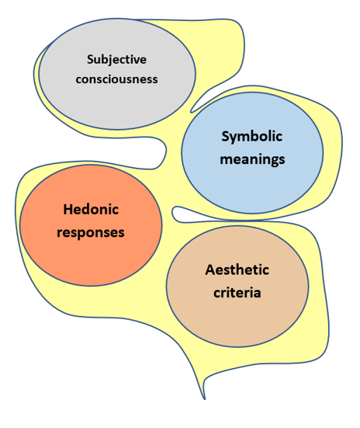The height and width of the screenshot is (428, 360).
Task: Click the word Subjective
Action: [x=116, y=60]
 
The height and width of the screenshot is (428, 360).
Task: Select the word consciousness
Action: [x=116, y=79]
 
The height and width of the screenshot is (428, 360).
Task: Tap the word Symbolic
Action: [x=251, y=137]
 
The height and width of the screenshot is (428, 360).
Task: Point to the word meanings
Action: [x=253, y=159]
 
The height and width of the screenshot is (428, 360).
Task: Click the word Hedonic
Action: [x=91, y=210]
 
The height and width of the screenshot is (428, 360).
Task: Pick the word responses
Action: [x=91, y=233]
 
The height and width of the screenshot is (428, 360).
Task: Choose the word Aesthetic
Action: [x=237, y=270]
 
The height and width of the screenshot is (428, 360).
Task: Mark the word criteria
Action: [x=237, y=293]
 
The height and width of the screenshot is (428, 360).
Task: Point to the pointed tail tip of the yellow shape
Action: [x=205, y=399]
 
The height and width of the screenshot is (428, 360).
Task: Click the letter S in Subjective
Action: [x=91, y=60]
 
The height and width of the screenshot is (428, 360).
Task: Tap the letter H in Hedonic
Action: [x=68, y=210]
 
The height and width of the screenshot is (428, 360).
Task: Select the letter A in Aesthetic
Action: [x=210, y=270]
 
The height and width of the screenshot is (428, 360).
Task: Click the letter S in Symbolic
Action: [x=225, y=136]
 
